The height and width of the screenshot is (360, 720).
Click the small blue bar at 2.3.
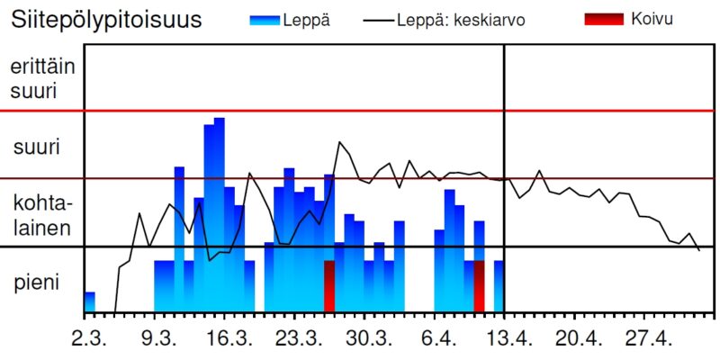pyautogui.click(x=89, y=303)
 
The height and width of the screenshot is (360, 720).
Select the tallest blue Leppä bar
pyautogui.click(x=220, y=216)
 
